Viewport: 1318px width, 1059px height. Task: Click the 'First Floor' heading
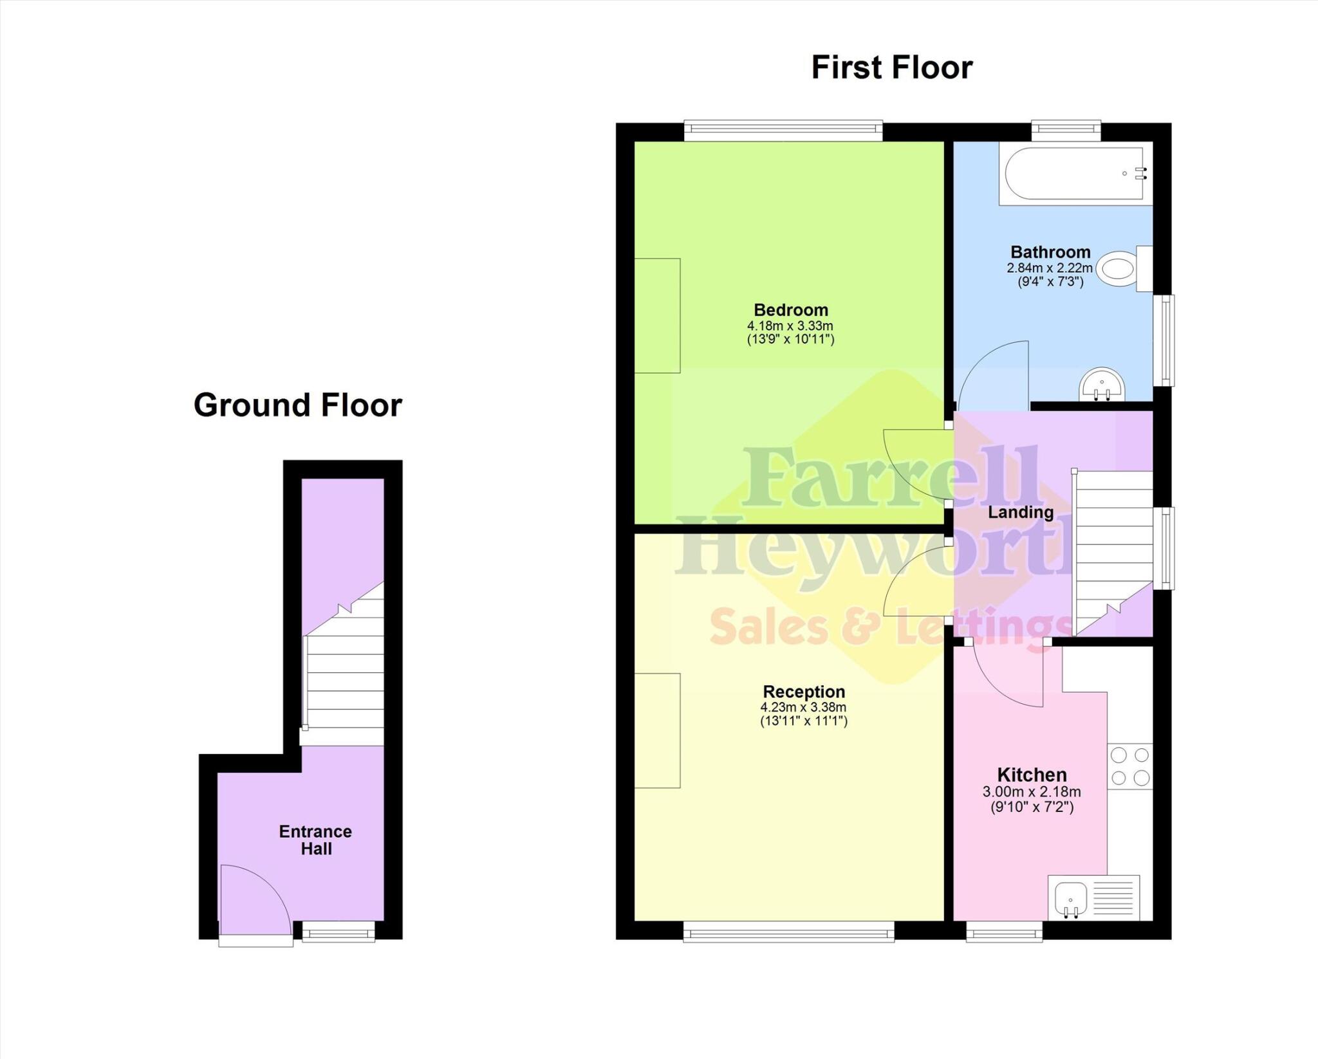(891, 68)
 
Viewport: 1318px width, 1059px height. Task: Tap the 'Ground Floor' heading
(297, 405)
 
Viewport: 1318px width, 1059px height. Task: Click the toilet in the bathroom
(1123, 268)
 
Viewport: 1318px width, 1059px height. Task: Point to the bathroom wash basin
(1102, 384)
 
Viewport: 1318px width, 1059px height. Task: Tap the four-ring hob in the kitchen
(1129, 766)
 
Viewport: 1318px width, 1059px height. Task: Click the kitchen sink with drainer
(1093, 897)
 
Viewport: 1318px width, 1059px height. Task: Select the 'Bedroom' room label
(791, 310)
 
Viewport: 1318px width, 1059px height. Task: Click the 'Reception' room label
(804, 692)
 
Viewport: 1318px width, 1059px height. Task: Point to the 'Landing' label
(1020, 512)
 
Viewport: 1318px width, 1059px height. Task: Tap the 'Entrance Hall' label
(315, 840)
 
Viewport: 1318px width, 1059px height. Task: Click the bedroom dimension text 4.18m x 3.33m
(790, 326)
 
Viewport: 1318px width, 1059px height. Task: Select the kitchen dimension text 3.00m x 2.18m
(1032, 792)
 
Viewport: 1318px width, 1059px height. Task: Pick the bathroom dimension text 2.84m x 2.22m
(1050, 268)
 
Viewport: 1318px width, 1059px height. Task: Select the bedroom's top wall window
(783, 131)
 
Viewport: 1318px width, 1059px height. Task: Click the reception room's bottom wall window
(788, 931)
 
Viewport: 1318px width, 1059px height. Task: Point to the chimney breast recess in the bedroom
(657, 315)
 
